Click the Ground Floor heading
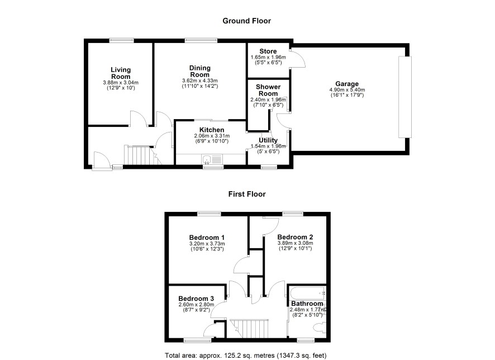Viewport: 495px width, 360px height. pyautogui.click(x=246, y=21)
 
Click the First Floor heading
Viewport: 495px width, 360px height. pyautogui.click(x=247, y=194)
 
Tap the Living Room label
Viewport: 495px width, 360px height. pyautogui.click(x=121, y=73)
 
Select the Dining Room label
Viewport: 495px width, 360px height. pyautogui.click(x=199, y=72)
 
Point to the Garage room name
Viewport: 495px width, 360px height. pyautogui.click(x=347, y=84)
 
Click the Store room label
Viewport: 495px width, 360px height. pyautogui.click(x=268, y=51)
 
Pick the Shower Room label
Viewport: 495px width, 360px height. pyautogui.click(x=268, y=91)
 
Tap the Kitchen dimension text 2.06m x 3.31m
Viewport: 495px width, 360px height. pyautogui.click(x=212, y=136)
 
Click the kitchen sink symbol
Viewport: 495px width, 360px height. pyautogui.click(x=207, y=159)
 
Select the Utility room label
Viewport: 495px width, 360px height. pyautogui.click(x=268, y=140)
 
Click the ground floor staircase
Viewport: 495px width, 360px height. pyautogui.click(x=142, y=155)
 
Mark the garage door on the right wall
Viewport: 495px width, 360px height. pyautogui.click(x=405, y=97)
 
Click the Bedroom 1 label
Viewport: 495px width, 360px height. pyautogui.click(x=207, y=238)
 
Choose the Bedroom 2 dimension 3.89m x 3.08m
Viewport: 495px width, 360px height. pyautogui.click(x=295, y=243)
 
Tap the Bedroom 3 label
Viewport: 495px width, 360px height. pyautogui.click(x=196, y=299)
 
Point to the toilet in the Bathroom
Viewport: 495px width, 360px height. pyautogui.click(x=320, y=328)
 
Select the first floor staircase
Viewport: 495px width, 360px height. pyautogui.click(x=249, y=329)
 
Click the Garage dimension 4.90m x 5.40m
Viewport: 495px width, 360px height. pyautogui.click(x=347, y=90)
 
